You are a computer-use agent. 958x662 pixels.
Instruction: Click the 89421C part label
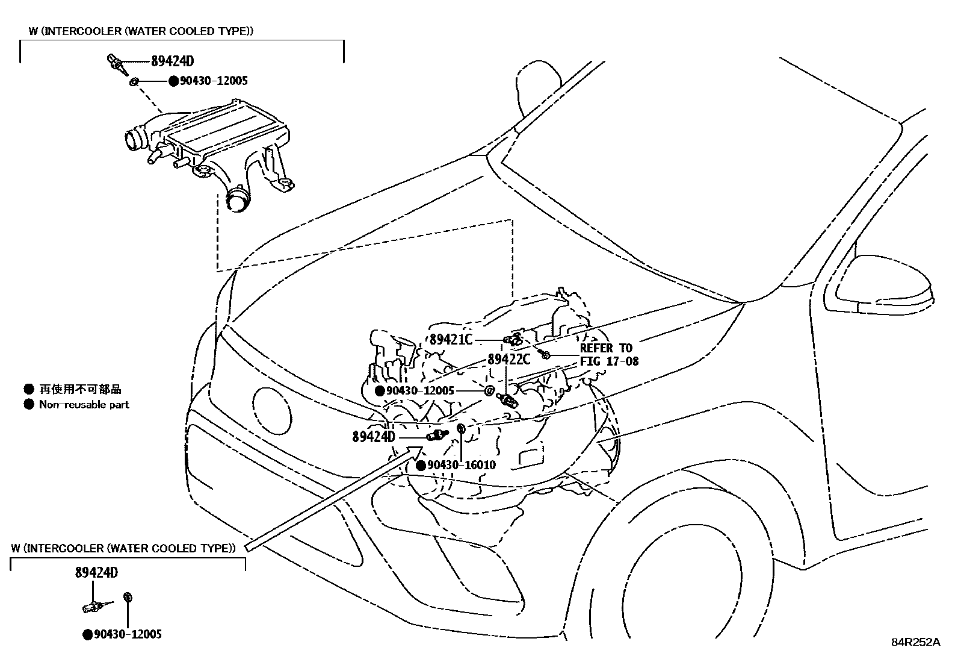(x=451, y=339)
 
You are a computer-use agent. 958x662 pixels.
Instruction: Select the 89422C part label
(x=508, y=359)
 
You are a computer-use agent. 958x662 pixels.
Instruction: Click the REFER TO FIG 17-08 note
(x=608, y=355)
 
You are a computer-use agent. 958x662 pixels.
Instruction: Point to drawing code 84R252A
(x=915, y=642)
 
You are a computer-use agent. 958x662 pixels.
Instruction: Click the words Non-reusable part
(x=84, y=405)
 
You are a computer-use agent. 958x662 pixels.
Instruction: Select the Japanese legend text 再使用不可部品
(x=80, y=389)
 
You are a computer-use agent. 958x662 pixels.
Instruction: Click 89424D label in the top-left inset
(x=172, y=61)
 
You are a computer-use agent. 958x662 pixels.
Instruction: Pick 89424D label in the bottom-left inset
(x=96, y=573)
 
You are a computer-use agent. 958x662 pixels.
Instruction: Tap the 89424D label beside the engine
(x=373, y=437)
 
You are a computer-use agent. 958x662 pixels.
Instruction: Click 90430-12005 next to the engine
(x=420, y=390)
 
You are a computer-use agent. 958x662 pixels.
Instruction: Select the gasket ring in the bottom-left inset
(x=128, y=597)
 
